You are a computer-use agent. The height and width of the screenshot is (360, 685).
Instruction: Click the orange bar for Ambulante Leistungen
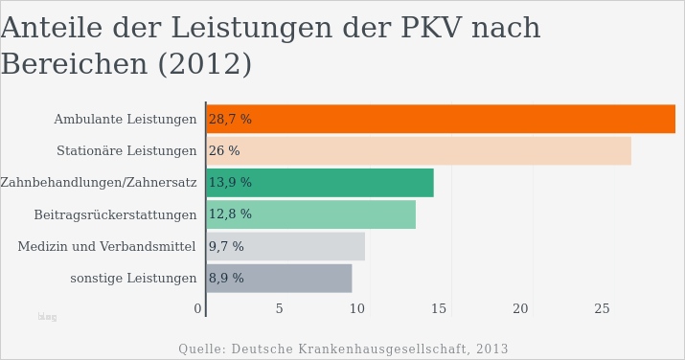pos(441,119)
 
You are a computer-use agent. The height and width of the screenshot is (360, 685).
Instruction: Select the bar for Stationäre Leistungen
pos(419,150)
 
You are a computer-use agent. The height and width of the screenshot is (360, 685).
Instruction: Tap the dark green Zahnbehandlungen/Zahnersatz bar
pos(320,183)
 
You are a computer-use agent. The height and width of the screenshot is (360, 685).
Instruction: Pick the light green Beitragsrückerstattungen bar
pos(311,214)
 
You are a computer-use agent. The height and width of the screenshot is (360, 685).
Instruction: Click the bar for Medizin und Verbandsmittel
pos(285,246)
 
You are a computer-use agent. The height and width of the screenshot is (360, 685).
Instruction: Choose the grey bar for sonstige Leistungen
pos(279,279)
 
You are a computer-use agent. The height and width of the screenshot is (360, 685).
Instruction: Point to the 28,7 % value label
pos(230,120)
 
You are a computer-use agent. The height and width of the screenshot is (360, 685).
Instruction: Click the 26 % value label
pos(224,151)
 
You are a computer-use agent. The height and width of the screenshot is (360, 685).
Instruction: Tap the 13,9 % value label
pos(230,183)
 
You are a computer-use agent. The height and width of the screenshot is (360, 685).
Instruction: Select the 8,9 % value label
pos(226,279)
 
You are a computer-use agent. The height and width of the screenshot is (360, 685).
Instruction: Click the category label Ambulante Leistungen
pos(125,120)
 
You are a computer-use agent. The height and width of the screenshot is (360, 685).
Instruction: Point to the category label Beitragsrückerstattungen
pos(115,214)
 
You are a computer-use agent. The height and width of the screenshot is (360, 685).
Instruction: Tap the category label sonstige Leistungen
pos(133,279)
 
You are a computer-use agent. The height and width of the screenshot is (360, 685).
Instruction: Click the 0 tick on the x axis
pos(197,308)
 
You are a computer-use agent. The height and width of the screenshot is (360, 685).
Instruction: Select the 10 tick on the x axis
pos(356,308)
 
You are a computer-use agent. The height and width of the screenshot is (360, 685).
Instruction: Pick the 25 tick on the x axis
pos(602,308)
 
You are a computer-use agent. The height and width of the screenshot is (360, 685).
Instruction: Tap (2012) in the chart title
pos(203,65)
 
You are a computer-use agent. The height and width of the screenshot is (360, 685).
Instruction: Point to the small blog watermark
pos(47,317)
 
